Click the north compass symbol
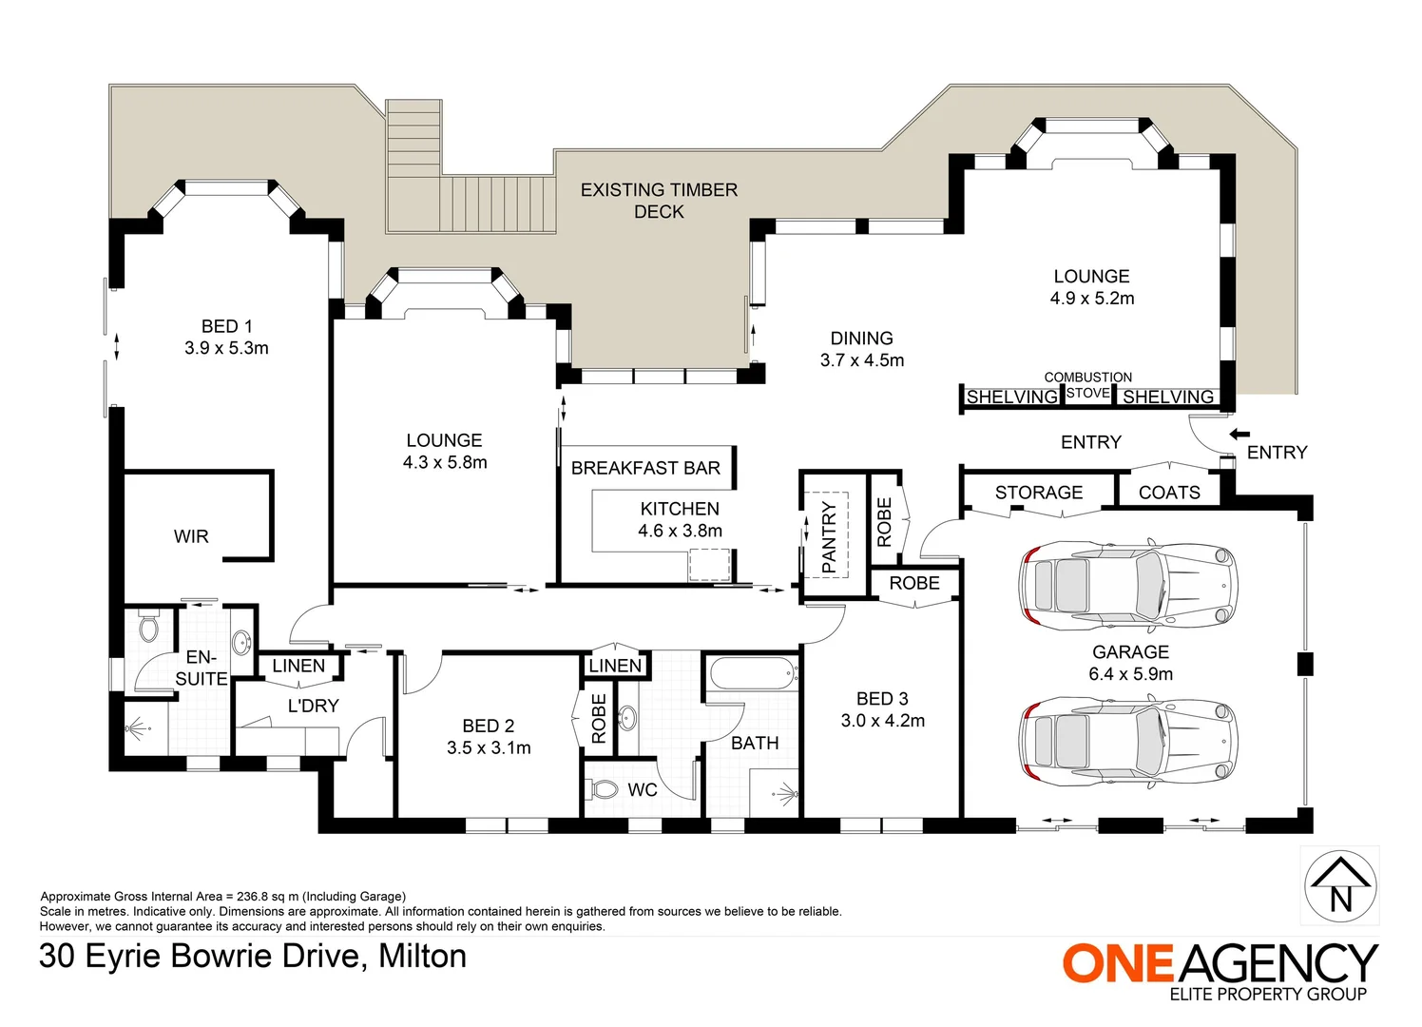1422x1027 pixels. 1339,885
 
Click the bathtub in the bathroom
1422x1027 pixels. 753,674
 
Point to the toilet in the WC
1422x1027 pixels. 604,789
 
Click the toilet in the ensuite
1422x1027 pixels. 148,627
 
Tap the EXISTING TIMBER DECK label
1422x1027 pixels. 659,201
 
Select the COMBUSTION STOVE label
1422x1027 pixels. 1087,384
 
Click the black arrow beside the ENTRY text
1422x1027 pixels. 1239,435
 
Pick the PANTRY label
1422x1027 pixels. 829,537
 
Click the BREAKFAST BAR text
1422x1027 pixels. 645,468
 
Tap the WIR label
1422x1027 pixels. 191,536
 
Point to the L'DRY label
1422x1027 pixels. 313,706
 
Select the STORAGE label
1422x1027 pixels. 1038,493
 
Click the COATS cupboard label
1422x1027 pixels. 1169,493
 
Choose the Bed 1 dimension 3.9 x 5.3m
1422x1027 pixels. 226,348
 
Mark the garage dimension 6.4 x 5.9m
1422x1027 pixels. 1130,674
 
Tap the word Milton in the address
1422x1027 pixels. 422,956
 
